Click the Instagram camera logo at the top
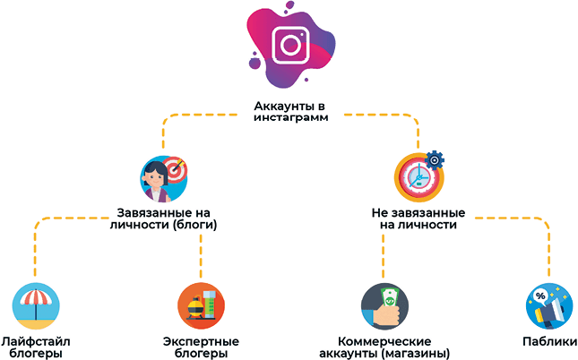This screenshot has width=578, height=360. coord(289,44)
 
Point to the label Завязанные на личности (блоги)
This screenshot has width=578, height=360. coord(168,219)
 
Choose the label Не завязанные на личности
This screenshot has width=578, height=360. coord(418,219)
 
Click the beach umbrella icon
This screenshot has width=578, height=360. coord(36,306)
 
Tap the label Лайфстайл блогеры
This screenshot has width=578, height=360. coord(36,347)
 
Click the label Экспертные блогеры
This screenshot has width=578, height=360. coord(201,347)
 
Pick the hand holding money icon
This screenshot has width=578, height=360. coord(384,306)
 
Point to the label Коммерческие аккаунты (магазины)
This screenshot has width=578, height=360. coord(384,347)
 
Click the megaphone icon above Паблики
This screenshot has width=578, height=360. coord(548,306)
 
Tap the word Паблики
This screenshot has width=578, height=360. coord(548,341)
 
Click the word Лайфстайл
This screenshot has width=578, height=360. coord(36,341)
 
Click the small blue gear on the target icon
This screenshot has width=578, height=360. coord(436,159)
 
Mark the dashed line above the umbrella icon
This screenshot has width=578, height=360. coord(34,255)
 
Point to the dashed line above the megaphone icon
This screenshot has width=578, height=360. coord(548,255)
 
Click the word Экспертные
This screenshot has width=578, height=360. coord(201,341)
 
